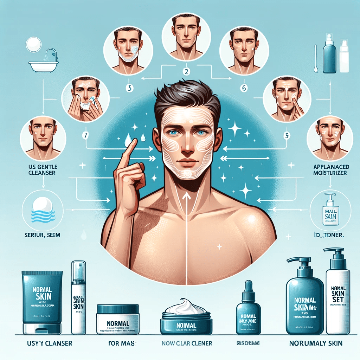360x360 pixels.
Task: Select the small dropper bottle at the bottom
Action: click(248, 309)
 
